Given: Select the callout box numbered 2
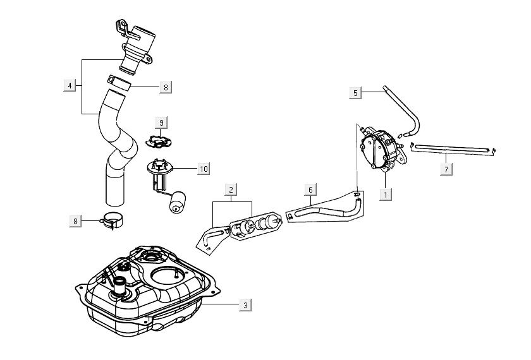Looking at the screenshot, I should (x=231, y=189).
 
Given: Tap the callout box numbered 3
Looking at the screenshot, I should (x=246, y=305).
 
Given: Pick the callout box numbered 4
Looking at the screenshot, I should (x=70, y=85).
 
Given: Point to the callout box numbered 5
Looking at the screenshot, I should (x=355, y=93).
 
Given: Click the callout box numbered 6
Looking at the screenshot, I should (x=310, y=189).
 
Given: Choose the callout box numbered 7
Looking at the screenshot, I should (x=446, y=169).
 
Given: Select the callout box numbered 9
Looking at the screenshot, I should (x=161, y=121).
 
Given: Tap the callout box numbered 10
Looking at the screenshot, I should (x=203, y=169).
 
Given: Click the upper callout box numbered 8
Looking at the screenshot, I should (x=165, y=88).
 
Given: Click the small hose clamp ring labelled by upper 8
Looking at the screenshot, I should (x=119, y=83).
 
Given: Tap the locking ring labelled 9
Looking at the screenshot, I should (x=158, y=140).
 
